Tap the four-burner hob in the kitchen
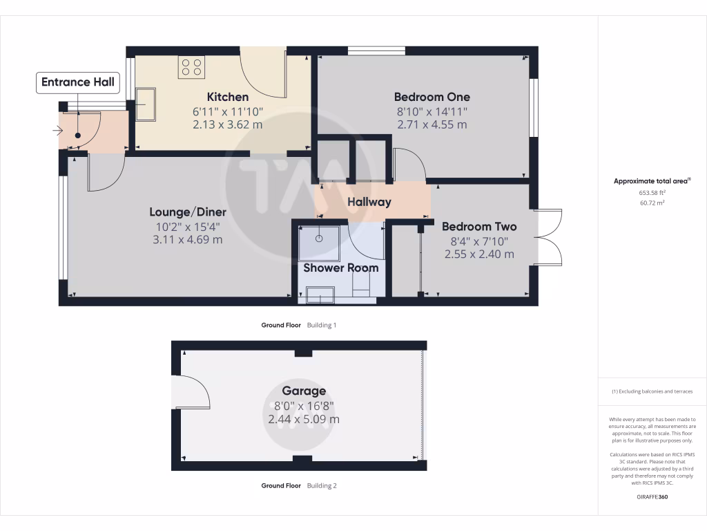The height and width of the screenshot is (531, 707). point(191,67)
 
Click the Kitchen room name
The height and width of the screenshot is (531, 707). point(228,97)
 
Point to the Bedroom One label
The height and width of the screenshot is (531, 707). point(432,97)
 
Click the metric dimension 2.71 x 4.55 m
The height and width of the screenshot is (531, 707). point(432,125)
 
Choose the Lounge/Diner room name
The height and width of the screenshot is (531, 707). point(188,212)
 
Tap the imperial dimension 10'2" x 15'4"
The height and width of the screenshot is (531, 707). point(188,226)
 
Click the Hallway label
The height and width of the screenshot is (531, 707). point(369,202)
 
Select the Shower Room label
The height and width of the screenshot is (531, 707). point(341,268)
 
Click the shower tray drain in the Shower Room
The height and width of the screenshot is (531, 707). point(320,238)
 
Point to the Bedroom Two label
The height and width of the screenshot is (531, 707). point(479,226)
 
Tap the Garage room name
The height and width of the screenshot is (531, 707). point(303,391)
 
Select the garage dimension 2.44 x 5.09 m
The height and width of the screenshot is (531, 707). point(303,419)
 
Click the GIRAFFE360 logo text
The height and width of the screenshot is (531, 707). point(652,497)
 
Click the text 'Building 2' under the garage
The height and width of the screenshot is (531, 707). point(322,485)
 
